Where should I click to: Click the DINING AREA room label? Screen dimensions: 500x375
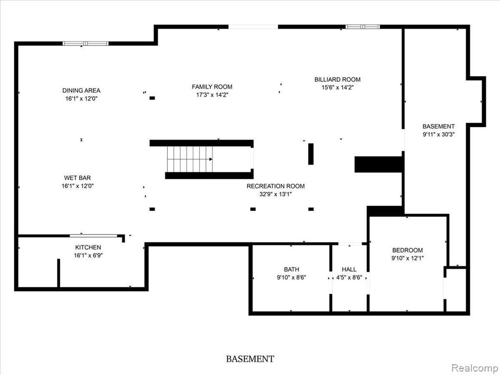coord(82,90)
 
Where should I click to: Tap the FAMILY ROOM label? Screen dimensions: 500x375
coord(212,87)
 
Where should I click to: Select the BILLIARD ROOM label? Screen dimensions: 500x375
coord(337,80)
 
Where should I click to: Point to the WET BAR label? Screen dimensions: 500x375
coord(78,178)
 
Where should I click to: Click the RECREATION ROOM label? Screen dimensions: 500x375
coord(275,186)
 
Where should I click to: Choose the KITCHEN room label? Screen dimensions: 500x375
coord(88,247)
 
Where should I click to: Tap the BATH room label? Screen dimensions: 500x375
coord(292,270)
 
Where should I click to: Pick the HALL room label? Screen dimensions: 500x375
coord(349,270)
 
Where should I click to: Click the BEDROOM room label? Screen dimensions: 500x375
coord(408,250)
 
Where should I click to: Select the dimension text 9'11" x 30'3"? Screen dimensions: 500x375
coord(438,135)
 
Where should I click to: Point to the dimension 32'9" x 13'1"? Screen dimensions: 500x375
coord(275,194)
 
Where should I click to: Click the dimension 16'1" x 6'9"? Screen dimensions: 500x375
coord(88,255)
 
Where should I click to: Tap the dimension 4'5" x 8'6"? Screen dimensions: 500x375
coord(349,277)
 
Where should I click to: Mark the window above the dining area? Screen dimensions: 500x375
coord(85,43)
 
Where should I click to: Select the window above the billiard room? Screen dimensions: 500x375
coord(363,27)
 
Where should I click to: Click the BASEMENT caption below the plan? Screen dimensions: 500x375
coord(250,359)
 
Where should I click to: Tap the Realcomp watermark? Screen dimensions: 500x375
coord(475,368)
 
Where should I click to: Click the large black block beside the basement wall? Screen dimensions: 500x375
coord(378,164)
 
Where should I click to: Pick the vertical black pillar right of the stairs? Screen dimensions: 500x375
coord(311,154)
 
